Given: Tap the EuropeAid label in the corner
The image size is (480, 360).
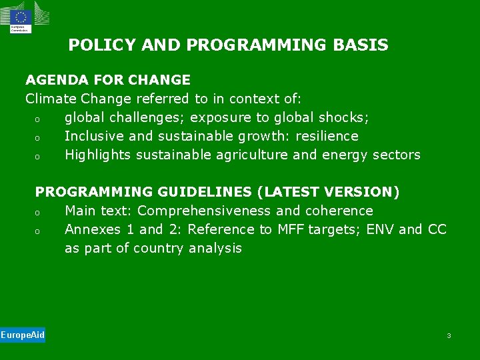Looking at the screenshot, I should tap(22, 335).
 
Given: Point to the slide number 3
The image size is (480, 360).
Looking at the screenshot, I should tap(449, 335).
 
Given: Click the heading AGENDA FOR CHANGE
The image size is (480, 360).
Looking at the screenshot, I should tap(108, 80).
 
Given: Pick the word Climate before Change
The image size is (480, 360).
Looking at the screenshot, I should tap(51, 99).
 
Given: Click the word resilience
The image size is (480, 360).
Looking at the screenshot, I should tap(327, 136).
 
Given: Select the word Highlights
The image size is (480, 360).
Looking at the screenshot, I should tap(98, 155).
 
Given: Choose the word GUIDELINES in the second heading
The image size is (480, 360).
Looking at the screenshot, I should tap(204, 192).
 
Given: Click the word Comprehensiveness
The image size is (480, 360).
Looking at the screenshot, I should tap(205, 211).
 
